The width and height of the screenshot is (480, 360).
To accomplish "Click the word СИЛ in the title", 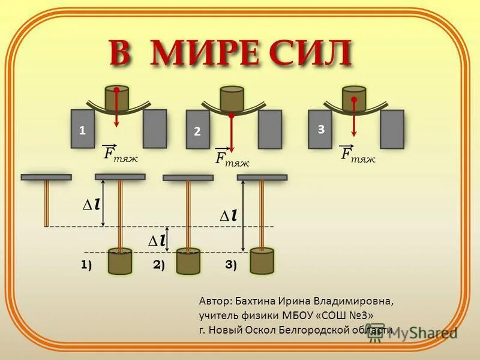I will tap(311, 54).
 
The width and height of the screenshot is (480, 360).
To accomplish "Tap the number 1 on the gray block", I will tap(82, 130).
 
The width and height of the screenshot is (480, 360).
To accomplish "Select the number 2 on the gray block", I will tap(197, 132).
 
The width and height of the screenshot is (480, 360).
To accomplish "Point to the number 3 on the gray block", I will tap(321, 129).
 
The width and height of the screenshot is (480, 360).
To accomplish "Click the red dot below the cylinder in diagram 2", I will tap(232, 115).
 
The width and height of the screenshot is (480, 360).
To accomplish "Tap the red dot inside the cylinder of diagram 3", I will tap(354, 100).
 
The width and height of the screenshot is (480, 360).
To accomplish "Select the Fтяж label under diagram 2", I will tap(232, 158).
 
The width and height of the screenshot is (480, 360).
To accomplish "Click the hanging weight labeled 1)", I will tap(120, 261).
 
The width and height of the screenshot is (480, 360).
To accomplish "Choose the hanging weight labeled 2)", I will tap(188, 262).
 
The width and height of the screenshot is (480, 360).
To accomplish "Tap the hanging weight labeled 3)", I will tap(262, 261).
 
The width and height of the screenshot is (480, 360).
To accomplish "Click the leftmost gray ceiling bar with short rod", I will tap(46, 178).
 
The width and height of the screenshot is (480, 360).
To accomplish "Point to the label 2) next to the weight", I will tap(158, 265).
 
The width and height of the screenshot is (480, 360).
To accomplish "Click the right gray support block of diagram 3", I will tap(392, 129).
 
